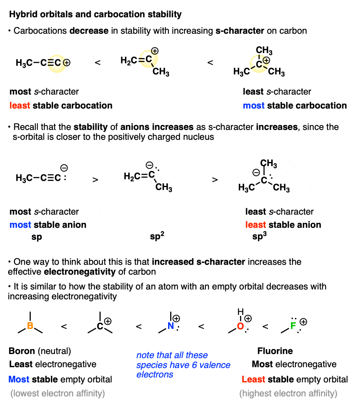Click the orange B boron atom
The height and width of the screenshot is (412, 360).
point(30,326)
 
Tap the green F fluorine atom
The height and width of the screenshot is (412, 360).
point(293,326)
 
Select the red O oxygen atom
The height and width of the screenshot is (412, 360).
point(240,326)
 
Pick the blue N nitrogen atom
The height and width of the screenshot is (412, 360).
point(171,326)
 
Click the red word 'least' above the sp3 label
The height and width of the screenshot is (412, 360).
point(256,225)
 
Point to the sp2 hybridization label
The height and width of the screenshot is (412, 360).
point(157,236)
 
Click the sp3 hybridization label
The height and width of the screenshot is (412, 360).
point(259,236)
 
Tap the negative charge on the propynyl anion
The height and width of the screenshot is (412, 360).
point(64,168)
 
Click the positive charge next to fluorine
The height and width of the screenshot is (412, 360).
point(303,322)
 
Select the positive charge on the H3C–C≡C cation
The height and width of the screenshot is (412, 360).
point(67,63)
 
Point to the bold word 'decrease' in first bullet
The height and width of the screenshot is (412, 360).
point(89,31)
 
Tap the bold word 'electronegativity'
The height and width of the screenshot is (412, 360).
point(80,272)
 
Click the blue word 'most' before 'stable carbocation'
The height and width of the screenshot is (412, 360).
point(254,106)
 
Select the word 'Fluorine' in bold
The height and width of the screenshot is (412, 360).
point(275,351)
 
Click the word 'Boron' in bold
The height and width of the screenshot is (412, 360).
point(22,351)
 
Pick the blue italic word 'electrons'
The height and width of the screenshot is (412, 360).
point(155,375)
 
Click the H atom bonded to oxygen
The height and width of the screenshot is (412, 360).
point(240,312)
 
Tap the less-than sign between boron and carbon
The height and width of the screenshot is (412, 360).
point(64,326)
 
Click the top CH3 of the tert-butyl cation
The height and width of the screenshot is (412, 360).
point(264,50)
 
